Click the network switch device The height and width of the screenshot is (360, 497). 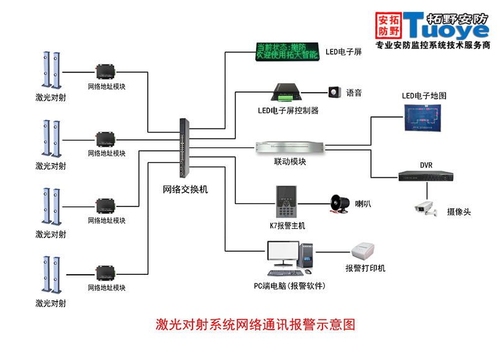185,148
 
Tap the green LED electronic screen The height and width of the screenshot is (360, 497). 288,51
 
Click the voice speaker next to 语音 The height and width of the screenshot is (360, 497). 335,92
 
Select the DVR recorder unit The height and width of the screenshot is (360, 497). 426,175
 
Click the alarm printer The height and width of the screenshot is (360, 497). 365,252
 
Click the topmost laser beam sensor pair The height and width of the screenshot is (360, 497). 51,70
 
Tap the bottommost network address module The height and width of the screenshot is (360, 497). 106,274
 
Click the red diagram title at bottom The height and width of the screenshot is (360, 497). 255,325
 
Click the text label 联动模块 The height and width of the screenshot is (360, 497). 290,162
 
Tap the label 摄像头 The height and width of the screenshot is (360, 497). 458,212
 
